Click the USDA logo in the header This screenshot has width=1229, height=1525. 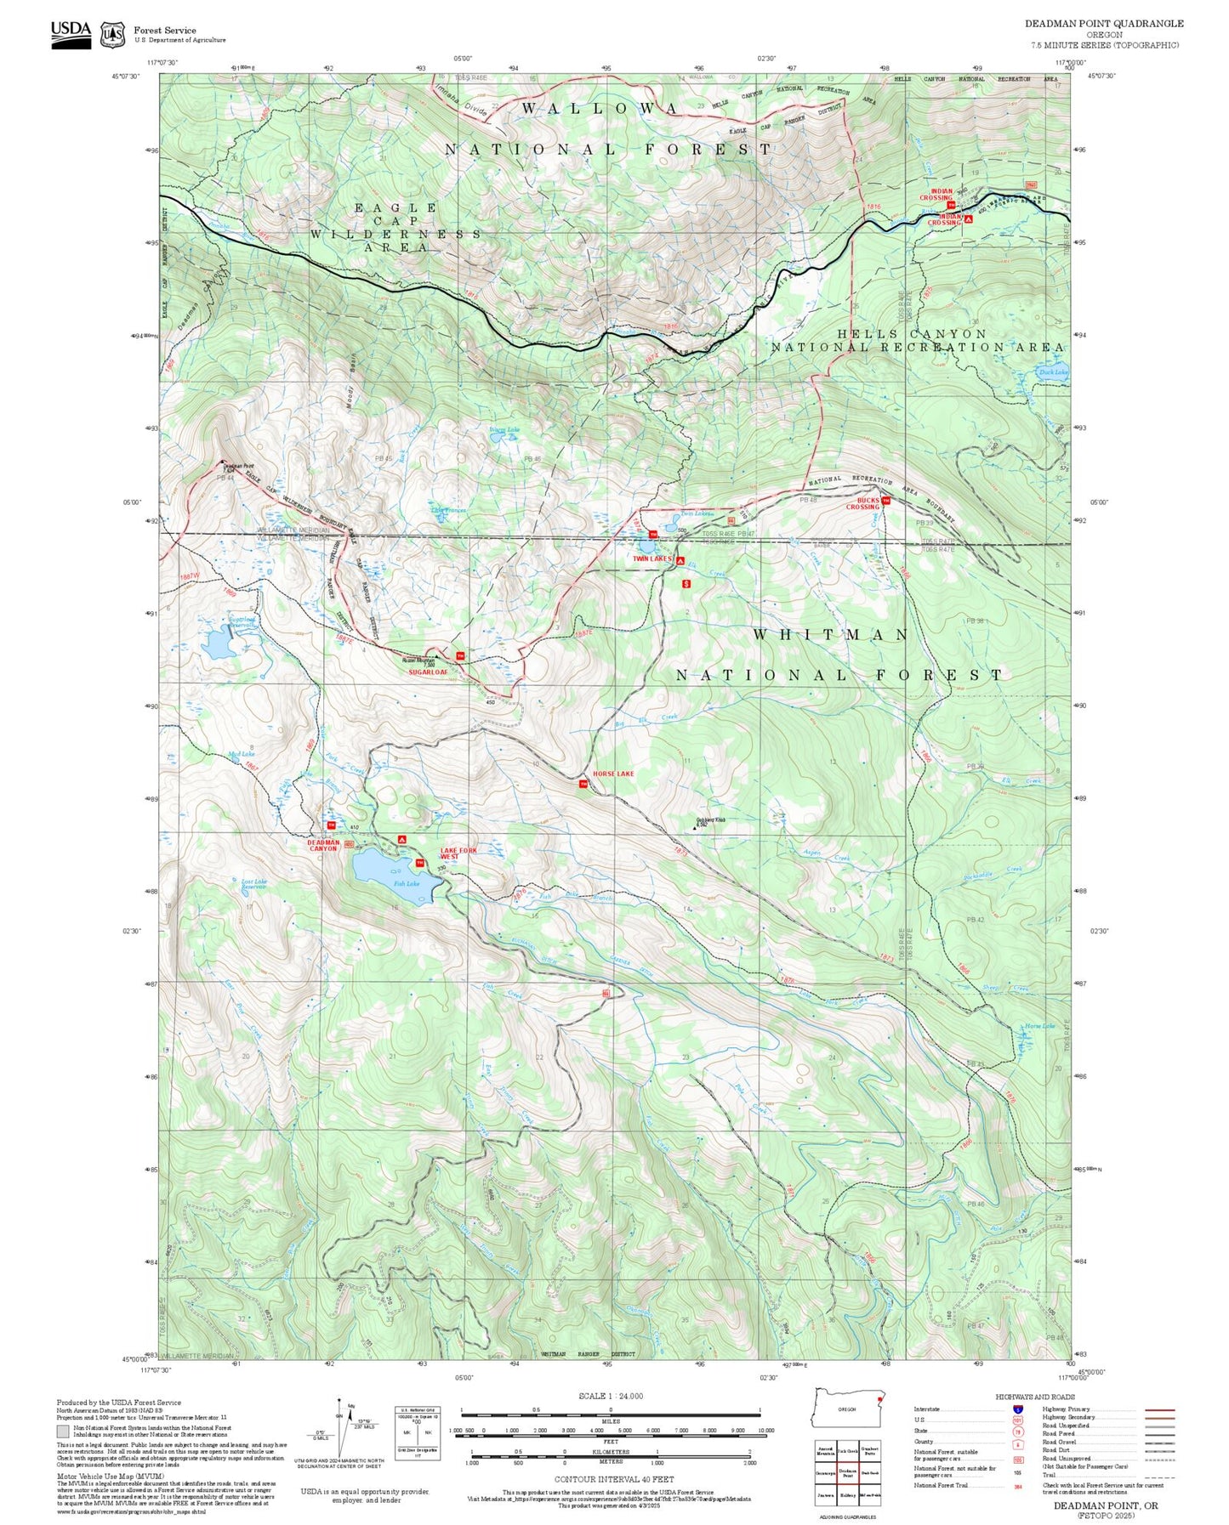click(71, 33)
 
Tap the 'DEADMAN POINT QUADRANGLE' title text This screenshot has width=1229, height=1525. click(1103, 23)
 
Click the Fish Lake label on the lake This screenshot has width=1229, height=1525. click(406, 883)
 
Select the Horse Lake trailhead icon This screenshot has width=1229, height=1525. click(583, 784)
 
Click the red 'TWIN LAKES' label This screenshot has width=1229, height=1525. click(651, 558)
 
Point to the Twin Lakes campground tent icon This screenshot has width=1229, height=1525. click(680, 560)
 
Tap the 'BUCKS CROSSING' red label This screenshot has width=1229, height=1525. click(862, 503)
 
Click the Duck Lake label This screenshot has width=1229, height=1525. click(1053, 371)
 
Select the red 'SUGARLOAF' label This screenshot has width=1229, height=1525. click(428, 672)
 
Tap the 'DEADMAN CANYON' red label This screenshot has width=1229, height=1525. click(323, 845)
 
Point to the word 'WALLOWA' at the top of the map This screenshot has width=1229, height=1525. click(600, 109)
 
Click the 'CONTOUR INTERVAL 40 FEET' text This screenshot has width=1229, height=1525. click(610, 1479)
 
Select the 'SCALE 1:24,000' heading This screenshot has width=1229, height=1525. click(610, 1396)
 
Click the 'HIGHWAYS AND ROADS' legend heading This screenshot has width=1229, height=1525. click(1034, 1397)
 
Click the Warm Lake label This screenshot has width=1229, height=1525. click(504, 430)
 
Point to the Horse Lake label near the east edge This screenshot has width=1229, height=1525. click(1038, 1026)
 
